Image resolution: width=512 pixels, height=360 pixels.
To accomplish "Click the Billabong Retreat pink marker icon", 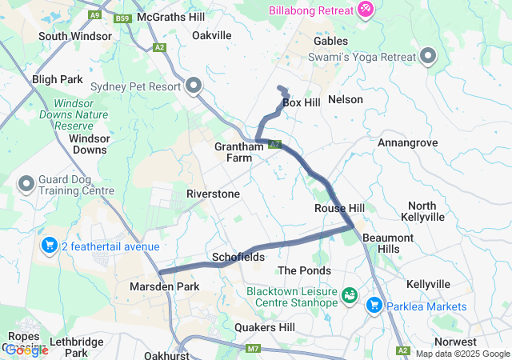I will click(365, 9).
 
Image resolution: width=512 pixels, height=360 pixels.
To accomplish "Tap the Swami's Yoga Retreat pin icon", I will click(428, 57).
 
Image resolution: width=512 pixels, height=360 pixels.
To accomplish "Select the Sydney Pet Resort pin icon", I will click(194, 86).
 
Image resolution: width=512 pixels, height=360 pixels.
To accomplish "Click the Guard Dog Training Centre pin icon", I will click(26, 184).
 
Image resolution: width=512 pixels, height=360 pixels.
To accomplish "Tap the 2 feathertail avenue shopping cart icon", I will click(49, 246).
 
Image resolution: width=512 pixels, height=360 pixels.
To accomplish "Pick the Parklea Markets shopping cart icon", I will click(374, 306).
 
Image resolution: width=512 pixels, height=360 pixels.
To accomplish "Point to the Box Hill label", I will click(301, 103).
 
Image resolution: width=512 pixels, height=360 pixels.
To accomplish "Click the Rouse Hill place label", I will click(339, 208).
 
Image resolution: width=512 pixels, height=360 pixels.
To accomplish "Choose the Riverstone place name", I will click(213, 194).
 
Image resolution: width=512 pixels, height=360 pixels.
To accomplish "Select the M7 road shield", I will click(254, 349).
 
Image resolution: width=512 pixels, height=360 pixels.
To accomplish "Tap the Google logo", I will click(26, 350).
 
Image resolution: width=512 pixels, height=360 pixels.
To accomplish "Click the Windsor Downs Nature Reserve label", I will click(85, 115).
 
